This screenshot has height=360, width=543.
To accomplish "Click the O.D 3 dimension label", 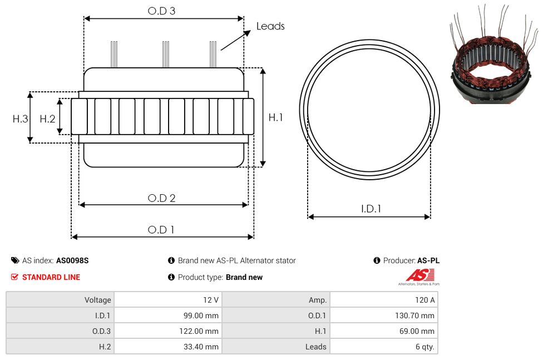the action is pos(161,11).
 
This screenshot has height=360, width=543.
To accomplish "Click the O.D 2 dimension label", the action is pos(161,198).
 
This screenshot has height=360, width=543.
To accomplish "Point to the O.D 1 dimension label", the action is pos(161,230).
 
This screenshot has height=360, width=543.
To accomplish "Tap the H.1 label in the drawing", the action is pos(275,117).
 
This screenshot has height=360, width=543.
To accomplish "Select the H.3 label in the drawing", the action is pos(20,119).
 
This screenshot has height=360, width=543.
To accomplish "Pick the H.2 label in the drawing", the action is pos(47,119).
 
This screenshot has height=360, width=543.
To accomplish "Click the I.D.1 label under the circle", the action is pos(371,209).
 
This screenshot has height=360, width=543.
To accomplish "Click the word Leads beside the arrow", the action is pos(270,26).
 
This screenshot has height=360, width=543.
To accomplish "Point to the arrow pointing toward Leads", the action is pos(235,41).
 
